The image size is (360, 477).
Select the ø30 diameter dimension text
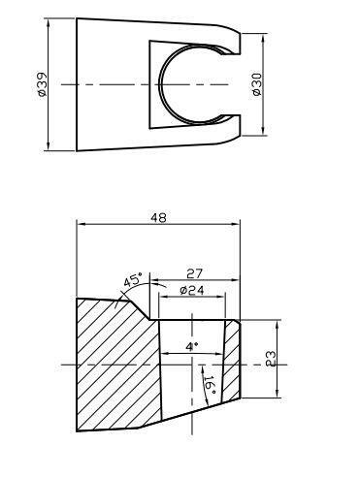pos(256,85)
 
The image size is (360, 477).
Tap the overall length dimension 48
pos(157,218)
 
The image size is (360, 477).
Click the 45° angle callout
pos(132,281)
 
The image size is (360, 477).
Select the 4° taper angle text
pos(191,345)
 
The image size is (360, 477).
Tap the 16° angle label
pos(209,384)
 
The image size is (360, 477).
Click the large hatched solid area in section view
pos(112,368)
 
